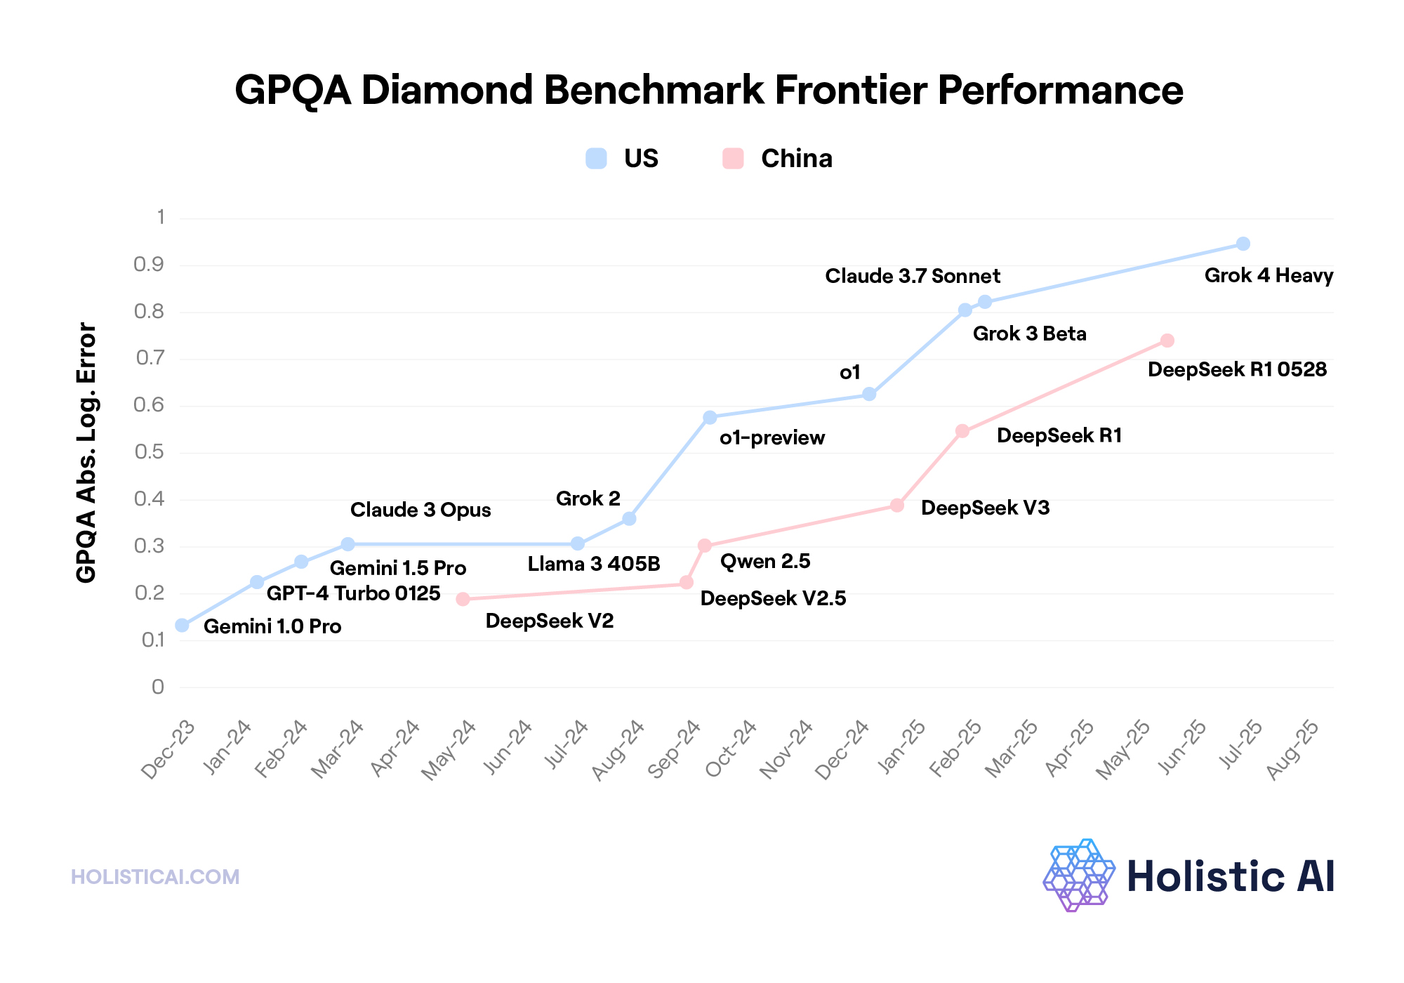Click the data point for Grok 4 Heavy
(1243, 244)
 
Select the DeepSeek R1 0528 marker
(1167, 341)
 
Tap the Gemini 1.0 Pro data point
(183, 625)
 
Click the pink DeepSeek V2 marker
(463, 599)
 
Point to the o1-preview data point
(710, 417)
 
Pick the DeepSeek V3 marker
(896, 506)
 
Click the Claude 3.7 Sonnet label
(913, 276)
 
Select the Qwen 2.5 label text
(765, 561)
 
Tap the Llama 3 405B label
(594, 564)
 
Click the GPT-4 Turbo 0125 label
(353, 593)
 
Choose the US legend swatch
(596, 159)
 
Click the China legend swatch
(733, 159)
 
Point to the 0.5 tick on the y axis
(149, 451)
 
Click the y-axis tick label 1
(161, 217)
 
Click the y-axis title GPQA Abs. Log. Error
(86, 452)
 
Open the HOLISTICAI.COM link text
(155, 877)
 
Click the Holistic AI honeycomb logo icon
(1079, 875)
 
